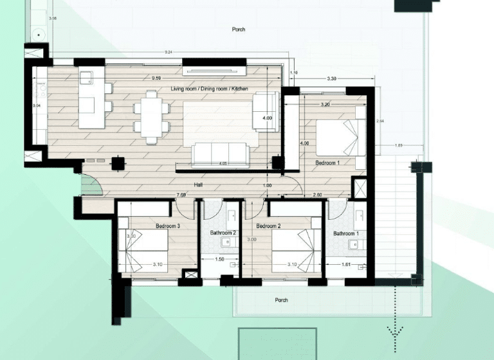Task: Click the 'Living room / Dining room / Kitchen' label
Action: pos(209,88)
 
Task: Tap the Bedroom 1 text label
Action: pos(327,163)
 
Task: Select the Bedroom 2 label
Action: pos(269,226)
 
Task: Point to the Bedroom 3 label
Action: pos(167,226)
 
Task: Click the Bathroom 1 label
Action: pos(346,233)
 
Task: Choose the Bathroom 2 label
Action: pos(223,233)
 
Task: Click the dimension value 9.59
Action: pos(156,78)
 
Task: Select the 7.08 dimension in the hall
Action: pos(181,194)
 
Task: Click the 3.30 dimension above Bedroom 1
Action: pos(332,78)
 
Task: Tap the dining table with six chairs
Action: pos(151,116)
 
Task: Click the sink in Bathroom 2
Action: pos(226,242)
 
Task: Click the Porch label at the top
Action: pos(239,30)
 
